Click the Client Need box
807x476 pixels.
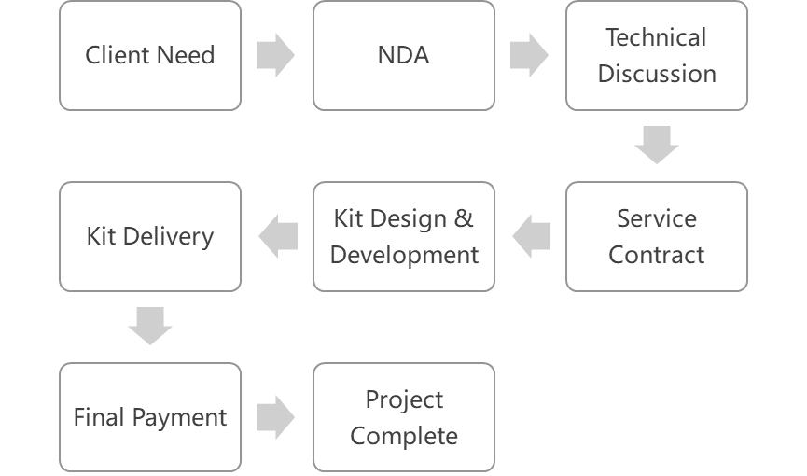[x=150, y=55]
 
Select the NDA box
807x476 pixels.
[x=404, y=55]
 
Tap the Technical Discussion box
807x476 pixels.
[x=657, y=55]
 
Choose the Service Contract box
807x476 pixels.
[x=657, y=236]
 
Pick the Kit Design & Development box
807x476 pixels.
[x=404, y=236]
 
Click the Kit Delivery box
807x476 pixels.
[x=150, y=236]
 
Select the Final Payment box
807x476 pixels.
[x=150, y=417]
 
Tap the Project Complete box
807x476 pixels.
[x=404, y=417]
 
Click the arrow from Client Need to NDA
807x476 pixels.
[x=275, y=55]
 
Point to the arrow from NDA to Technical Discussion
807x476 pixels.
[x=529, y=55]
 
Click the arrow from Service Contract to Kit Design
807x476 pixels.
[x=532, y=236]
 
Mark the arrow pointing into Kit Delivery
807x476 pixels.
[x=278, y=236]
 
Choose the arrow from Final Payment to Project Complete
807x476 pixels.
[x=275, y=417]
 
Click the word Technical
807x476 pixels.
[x=657, y=38]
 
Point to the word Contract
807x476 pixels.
[x=657, y=255]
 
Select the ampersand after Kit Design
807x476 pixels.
[x=463, y=219]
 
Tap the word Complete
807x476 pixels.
[x=404, y=436]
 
